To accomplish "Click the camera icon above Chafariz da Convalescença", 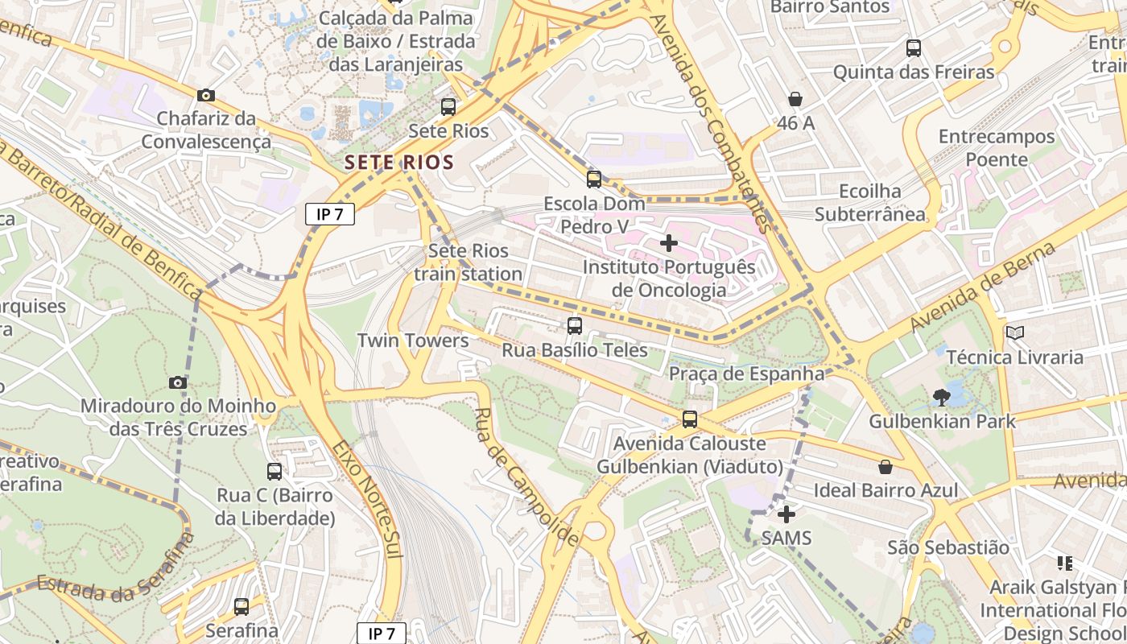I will click(x=206, y=96).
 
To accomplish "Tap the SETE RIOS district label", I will click(x=399, y=162).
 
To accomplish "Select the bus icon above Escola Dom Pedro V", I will click(x=594, y=180).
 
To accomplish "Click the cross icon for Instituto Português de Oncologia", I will click(x=668, y=242).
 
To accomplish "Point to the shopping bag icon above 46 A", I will click(x=795, y=99).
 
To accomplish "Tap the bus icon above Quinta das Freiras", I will click(x=914, y=48).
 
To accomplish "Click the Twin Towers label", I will click(x=413, y=341).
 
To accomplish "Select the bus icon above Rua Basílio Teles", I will click(x=575, y=326).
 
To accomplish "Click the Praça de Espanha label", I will click(x=746, y=374).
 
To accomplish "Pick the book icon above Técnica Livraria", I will click(x=1015, y=332).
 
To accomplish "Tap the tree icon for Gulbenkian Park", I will click(x=941, y=396).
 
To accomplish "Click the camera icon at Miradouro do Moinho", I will click(x=178, y=382).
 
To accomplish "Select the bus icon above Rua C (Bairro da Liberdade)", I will click(x=275, y=472).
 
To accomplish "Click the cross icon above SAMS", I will click(x=786, y=514).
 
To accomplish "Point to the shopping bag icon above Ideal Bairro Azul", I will click(x=885, y=467).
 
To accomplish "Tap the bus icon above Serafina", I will click(x=242, y=607).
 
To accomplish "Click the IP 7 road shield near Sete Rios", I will click(x=330, y=214).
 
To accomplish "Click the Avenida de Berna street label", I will click(x=984, y=287).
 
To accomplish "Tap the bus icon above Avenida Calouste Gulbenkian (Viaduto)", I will click(x=690, y=419).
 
